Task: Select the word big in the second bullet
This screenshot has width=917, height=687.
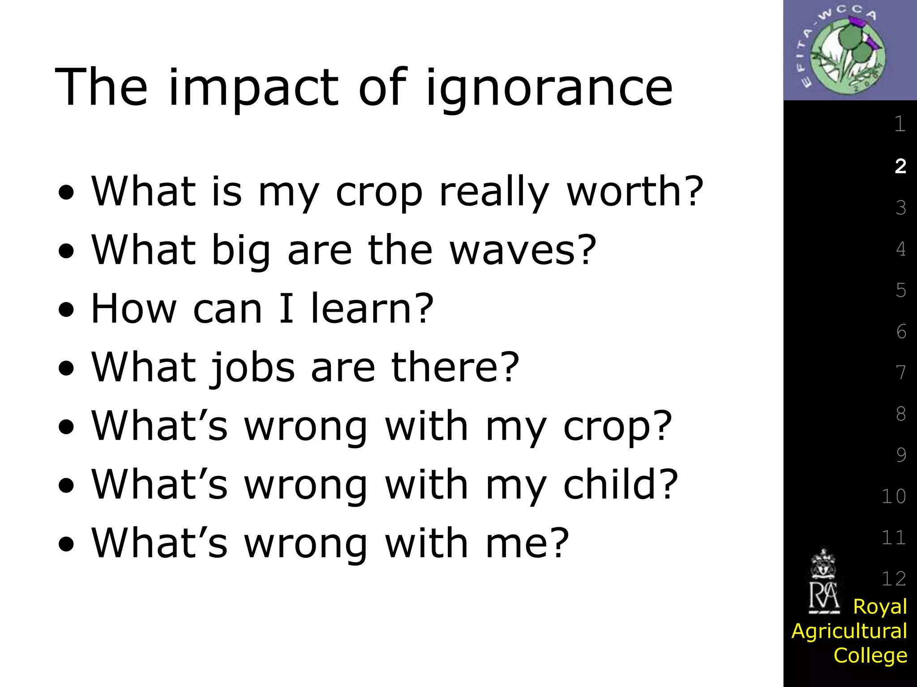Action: pyautogui.click(x=241, y=250)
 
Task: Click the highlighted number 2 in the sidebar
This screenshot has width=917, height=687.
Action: pyautogui.click(x=900, y=166)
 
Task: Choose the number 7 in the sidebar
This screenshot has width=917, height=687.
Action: pyautogui.click(x=901, y=373)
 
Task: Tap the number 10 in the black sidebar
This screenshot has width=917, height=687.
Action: pyautogui.click(x=894, y=496)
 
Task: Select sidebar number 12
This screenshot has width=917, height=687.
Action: pyautogui.click(x=894, y=579)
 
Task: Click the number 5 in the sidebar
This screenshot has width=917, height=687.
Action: pyautogui.click(x=901, y=290)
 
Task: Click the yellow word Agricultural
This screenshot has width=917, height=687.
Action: pyautogui.click(x=849, y=631)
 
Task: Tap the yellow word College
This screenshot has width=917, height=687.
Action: pyautogui.click(x=870, y=655)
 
